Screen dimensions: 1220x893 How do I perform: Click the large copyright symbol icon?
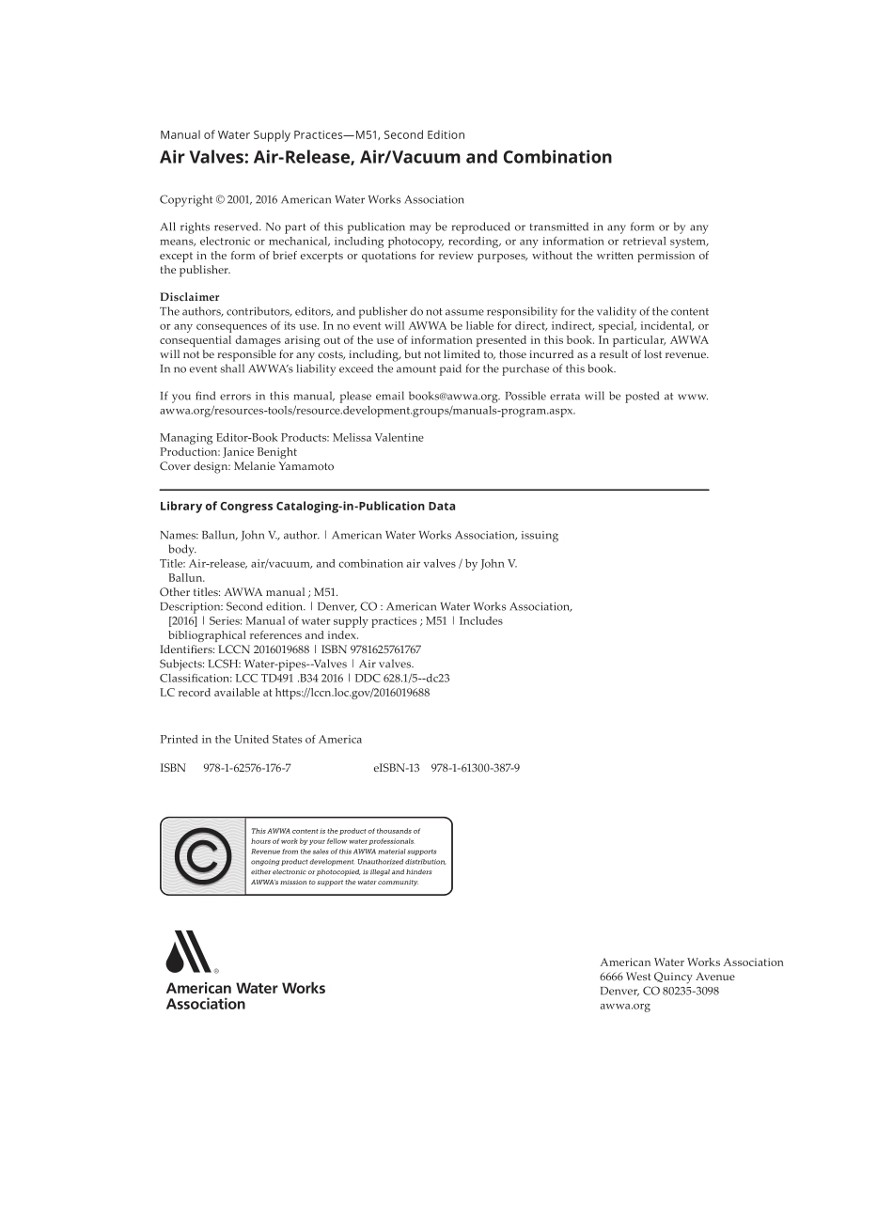tap(202, 856)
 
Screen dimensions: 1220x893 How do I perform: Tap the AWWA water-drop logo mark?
tap(188, 952)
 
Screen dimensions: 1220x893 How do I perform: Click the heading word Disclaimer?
tap(189, 297)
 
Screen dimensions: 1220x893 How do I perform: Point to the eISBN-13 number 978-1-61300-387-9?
tap(475, 768)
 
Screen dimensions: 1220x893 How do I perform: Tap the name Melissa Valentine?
tap(378, 438)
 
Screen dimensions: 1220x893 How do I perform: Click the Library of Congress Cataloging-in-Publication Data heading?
tap(307, 507)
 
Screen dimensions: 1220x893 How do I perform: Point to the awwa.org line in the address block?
tap(625, 1006)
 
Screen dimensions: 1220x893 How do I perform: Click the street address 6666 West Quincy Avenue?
tap(667, 977)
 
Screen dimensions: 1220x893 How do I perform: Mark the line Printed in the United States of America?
tap(260, 740)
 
